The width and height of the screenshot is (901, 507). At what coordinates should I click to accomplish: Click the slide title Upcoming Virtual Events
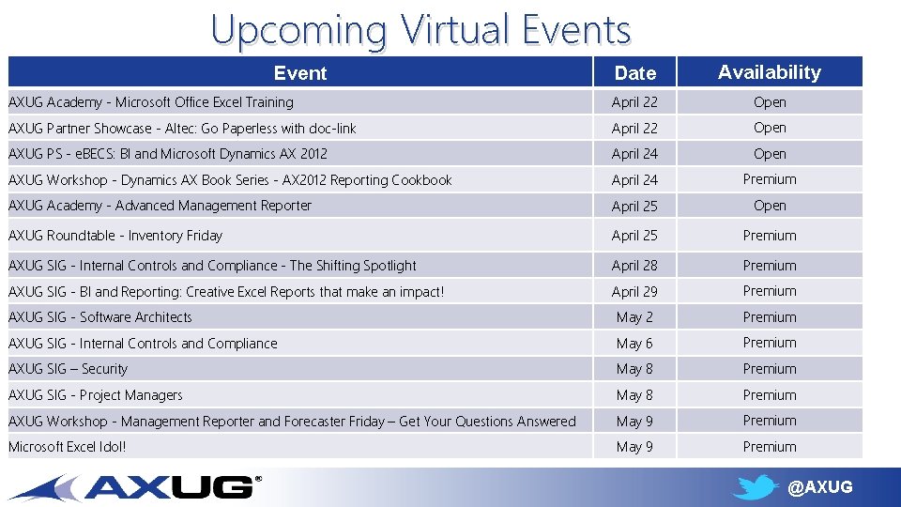pyautogui.click(x=420, y=29)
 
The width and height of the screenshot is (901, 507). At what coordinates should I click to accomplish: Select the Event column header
pyautogui.click(x=300, y=73)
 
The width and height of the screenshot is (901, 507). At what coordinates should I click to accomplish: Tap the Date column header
pyautogui.click(x=634, y=73)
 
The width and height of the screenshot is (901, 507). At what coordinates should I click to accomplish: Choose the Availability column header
pyautogui.click(x=769, y=72)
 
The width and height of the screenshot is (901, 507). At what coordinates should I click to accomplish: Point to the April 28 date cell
pyautogui.click(x=634, y=266)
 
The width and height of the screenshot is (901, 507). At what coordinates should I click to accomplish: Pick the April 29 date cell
pyautogui.click(x=634, y=292)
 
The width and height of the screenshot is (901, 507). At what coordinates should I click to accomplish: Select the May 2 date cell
pyautogui.click(x=634, y=317)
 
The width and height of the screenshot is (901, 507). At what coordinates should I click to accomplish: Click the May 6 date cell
pyautogui.click(x=634, y=344)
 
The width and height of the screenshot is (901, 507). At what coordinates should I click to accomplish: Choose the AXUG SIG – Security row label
pyautogui.click(x=68, y=369)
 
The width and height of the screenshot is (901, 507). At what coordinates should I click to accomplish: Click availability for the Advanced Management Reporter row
pyautogui.click(x=770, y=206)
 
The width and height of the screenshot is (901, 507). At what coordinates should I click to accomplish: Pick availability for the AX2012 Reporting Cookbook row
pyautogui.click(x=770, y=179)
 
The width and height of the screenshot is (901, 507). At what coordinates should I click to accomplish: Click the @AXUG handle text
pyautogui.click(x=820, y=487)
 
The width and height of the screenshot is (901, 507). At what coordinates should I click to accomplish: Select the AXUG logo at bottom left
pyautogui.click(x=136, y=486)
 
